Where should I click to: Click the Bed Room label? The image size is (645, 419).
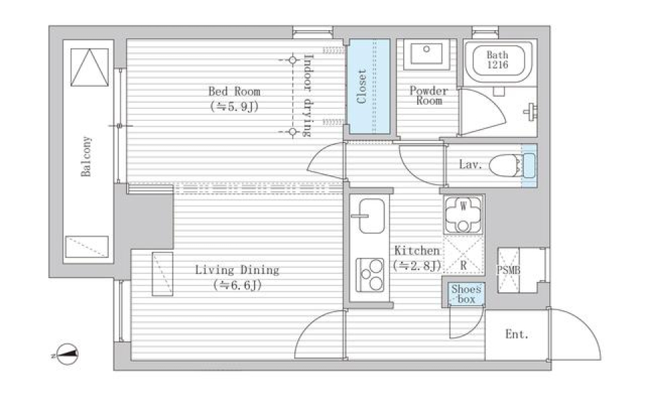point(234,92)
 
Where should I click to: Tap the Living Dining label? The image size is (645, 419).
point(237,270)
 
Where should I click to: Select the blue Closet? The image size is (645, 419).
point(369,87)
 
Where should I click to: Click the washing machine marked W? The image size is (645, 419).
point(463,215)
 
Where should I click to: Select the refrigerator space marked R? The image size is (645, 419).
point(463,254)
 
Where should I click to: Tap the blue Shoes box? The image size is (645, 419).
point(466,294)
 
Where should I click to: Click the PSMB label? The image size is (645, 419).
point(509,270)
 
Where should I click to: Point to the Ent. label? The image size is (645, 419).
point(517,334)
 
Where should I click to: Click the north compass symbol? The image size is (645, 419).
point(66,354)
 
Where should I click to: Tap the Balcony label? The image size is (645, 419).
point(86,156)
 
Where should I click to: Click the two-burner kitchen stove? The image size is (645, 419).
point(370,275)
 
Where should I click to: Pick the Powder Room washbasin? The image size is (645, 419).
point(427,54)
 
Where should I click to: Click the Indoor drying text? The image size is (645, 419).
point(307,95)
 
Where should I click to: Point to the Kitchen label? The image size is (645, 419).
point(417,250)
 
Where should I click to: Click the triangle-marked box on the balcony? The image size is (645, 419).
point(89,67)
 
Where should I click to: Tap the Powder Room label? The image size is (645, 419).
point(429,96)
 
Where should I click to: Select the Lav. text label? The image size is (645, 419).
point(470,165)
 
